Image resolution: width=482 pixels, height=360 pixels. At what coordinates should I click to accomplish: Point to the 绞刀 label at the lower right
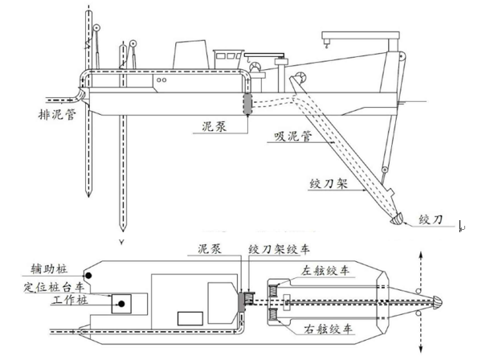437,219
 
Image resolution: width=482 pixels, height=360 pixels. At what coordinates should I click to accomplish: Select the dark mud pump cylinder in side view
247,104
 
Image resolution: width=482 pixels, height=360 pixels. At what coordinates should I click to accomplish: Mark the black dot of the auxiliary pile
90,275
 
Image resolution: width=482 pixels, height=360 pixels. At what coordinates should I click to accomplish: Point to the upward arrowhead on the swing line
423,252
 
